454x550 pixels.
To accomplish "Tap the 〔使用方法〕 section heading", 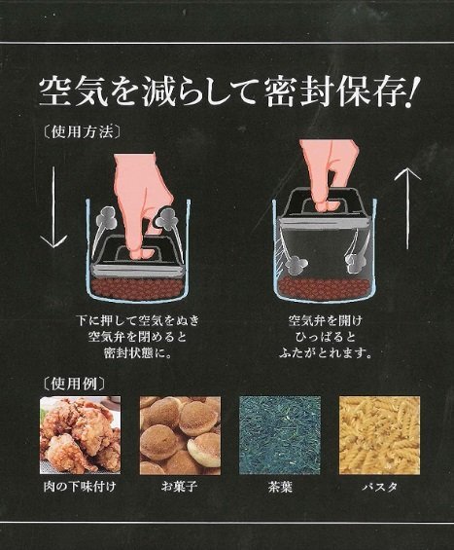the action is click(x=83, y=132).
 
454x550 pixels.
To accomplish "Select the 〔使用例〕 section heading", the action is click(x=75, y=384).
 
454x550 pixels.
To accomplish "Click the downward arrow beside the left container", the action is click(x=53, y=207).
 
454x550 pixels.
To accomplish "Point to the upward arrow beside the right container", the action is click(x=407, y=208).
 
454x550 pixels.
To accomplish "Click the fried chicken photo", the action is click(x=81, y=435).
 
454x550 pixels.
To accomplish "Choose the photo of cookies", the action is click(x=180, y=435).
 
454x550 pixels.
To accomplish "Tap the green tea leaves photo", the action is click(x=280, y=435).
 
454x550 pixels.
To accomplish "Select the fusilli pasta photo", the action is click(x=379, y=435).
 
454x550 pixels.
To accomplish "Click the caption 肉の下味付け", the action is click(x=80, y=487).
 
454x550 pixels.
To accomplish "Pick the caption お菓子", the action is click(x=179, y=487).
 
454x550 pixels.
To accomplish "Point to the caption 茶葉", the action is click(x=280, y=487).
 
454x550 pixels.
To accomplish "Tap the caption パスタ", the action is click(x=380, y=487).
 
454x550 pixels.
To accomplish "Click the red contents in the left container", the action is click(x=139, y=288).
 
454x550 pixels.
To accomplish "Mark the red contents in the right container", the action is click(x=325, y=287).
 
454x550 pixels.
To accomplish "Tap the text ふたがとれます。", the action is click(x=326, y=353).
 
